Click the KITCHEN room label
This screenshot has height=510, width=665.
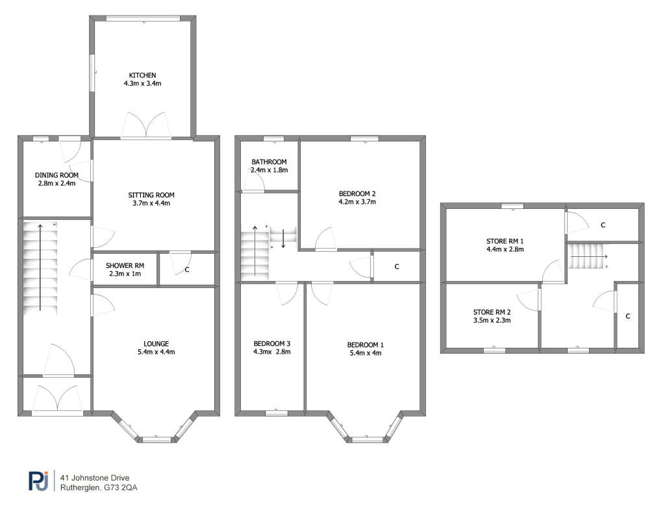[x=142, y=75]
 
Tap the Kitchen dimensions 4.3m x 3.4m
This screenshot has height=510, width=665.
[x=142, y=84]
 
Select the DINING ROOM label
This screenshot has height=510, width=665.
[x=56, y=175]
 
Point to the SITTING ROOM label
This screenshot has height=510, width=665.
[x=151, y=195]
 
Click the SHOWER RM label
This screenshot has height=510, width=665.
[x=125, y=266]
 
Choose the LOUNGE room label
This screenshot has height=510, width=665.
[x=157, y=343]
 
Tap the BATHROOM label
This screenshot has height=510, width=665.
[x=270, y=162]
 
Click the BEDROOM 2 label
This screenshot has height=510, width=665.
[x=357, y=193]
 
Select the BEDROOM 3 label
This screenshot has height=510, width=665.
[x=271, y=343]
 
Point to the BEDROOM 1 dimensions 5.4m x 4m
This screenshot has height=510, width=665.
[x=365, y=352]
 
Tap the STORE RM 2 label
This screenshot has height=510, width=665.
[x=492, y=311]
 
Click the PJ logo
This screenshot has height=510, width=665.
[x=38, y=480]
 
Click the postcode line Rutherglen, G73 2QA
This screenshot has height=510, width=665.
[x=98, y=487]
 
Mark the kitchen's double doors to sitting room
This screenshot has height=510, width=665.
[x=145, y=125]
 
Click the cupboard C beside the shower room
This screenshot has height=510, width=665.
[x=186, y=269]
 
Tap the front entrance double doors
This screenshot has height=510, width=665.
[x=57, y=399]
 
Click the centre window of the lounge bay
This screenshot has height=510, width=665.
[x=157, y=439]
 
